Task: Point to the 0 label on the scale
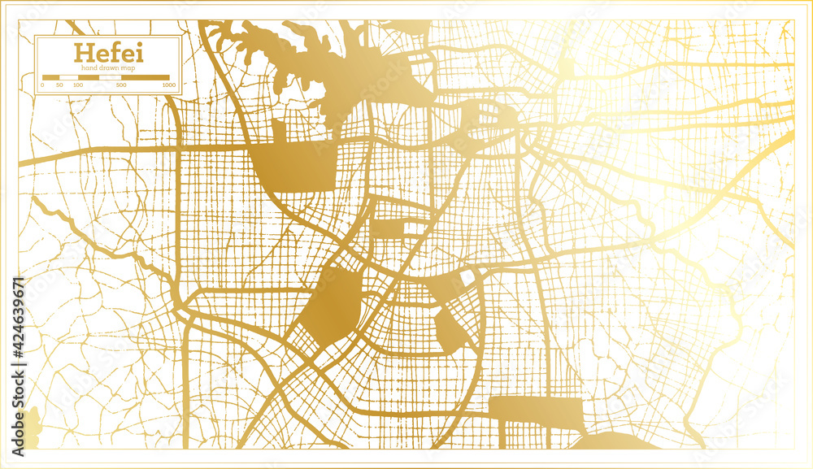42,85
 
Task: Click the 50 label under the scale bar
59,85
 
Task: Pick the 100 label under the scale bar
77,85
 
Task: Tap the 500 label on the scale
120,85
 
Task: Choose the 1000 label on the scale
168,85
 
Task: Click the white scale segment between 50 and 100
68,77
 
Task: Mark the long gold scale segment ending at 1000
145,77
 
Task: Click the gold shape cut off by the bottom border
614,441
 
